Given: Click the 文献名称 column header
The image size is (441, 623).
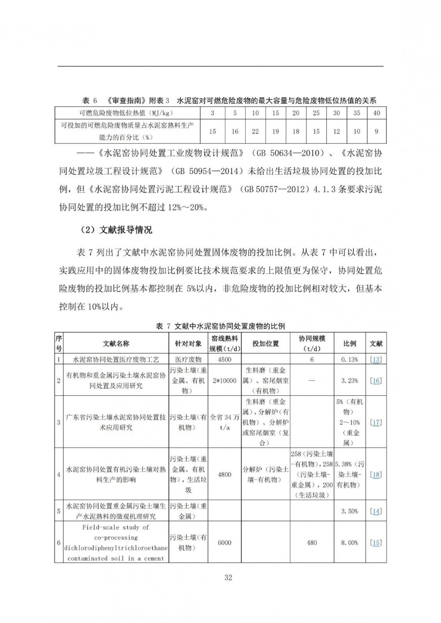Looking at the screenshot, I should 116,344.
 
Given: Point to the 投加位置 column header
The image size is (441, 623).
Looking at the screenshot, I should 265,344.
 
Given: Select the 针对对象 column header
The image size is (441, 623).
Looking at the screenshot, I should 188,344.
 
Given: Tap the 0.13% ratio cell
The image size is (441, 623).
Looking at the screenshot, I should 350,359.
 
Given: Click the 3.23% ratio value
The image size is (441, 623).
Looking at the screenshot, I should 350,380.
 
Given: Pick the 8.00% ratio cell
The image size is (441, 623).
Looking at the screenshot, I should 350,543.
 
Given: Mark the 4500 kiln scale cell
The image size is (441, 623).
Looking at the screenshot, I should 224,359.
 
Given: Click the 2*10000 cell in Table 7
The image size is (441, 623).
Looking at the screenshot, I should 224,380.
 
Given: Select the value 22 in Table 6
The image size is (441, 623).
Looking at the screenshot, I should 255,131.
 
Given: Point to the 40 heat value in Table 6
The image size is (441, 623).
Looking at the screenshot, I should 376,113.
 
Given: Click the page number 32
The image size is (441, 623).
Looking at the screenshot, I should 228,578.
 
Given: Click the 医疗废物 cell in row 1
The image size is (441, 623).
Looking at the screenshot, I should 188,359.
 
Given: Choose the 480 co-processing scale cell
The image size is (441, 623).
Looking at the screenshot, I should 312,543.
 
